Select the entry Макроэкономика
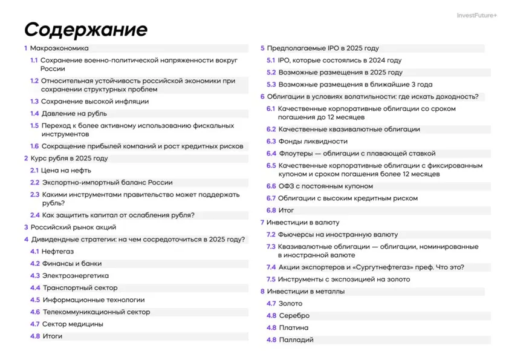tap(59, 48)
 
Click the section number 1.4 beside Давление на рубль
tap(34, 114)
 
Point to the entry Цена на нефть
tap(66, 171)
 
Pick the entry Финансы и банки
tap(72, 264)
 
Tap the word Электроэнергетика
tap(75, 276)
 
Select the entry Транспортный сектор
tap(80, 288)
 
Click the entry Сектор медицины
tap(73, 324)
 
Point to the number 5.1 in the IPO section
tap(271, 61)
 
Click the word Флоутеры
tap(295, 154)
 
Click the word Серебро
tap(294, 316)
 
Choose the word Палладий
tap(296, 340)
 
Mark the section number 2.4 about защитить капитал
tap(34, 215)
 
